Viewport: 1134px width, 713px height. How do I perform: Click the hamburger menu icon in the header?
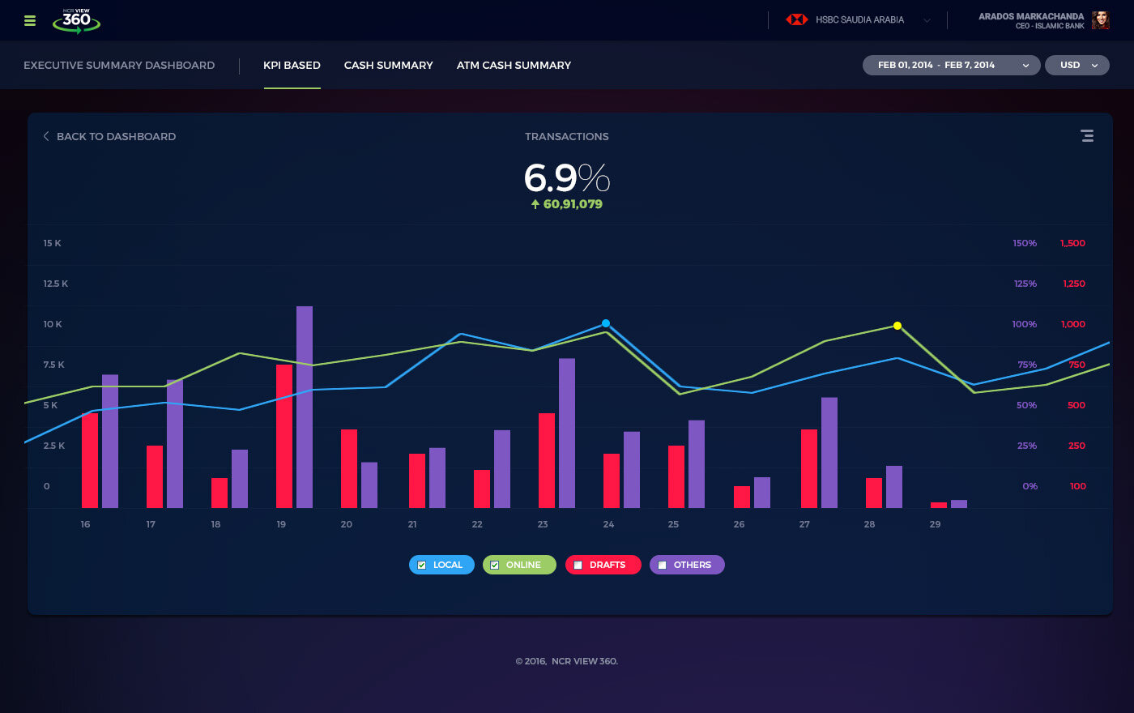click(30, 20)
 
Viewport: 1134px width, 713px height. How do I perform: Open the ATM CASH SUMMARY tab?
click(514, 65)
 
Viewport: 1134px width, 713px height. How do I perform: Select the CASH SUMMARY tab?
click(388, 65)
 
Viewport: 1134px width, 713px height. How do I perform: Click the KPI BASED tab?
click(292, 65)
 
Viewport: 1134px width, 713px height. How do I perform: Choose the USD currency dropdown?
click(1076, 65)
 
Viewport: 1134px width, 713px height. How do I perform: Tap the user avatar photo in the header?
click(1100, 20)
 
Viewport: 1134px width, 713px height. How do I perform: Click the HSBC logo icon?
click(797, 19)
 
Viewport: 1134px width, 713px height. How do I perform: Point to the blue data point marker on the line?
click(606, 323)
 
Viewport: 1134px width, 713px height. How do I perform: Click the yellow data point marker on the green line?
click(897, 326)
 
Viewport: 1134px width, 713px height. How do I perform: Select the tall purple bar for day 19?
click(305, 407)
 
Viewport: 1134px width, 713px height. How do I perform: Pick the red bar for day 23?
click(547, 460)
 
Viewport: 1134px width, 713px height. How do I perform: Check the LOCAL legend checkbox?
click(422, 565)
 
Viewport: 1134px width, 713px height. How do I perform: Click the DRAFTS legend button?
click(603, 565)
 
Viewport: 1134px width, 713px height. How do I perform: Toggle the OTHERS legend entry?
click(687, 565)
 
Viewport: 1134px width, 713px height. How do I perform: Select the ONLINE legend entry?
click(519, 565)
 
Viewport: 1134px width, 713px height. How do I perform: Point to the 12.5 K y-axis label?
click(56, 284)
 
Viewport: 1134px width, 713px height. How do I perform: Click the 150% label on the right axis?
click(1025, 243)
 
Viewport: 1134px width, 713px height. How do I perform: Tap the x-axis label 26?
click(739, 524)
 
